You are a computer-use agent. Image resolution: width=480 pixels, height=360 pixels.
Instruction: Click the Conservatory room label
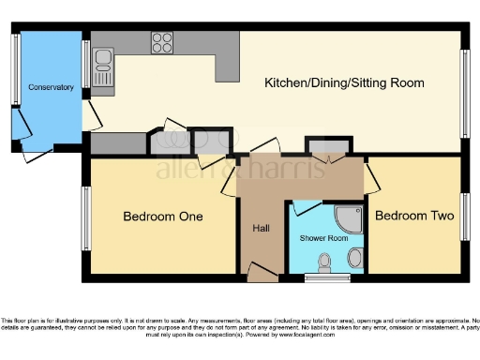tap(51, 87)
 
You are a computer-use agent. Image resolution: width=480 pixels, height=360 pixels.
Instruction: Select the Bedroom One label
tap(163, 217)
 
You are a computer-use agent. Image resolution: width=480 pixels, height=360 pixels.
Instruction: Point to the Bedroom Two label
tap(414, 216)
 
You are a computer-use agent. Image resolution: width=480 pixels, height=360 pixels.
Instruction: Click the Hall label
tap(261, 228)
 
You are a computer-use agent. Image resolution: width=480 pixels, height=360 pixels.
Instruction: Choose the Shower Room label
tap(324, 238)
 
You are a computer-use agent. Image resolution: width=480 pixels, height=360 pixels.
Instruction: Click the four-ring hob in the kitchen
tap(161, 42)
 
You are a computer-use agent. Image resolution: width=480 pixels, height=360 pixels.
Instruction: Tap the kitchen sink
tap(101, 68)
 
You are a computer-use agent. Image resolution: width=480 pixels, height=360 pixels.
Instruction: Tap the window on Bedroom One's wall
tap(85, 218)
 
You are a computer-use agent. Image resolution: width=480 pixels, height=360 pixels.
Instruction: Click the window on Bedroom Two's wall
tap(463, 217)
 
